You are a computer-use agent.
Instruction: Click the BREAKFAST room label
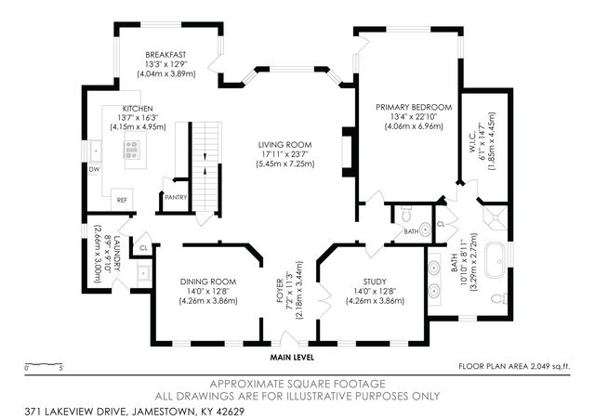[165, 55]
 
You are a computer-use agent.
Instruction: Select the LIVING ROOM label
[285, 145]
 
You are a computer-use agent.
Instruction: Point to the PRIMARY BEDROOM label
[414, 108]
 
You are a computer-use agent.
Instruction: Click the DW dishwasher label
[94, 169]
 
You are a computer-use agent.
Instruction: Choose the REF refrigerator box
[122, 199]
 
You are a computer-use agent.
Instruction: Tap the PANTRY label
[176, 197]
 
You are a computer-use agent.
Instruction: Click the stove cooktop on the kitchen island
[132, 149]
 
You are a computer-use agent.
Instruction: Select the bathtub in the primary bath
[495, 260]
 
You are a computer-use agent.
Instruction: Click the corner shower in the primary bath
[495, 217]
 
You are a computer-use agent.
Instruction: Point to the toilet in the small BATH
[406, 214]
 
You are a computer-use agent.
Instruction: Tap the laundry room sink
[144, 273]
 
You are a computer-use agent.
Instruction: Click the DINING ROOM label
[208, 282]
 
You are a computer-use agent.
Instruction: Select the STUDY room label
[375, 282]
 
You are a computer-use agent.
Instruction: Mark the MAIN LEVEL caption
[292, 358]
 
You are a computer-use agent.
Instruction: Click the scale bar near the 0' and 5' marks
[44, 364]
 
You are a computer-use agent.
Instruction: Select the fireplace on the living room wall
[349, 152]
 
